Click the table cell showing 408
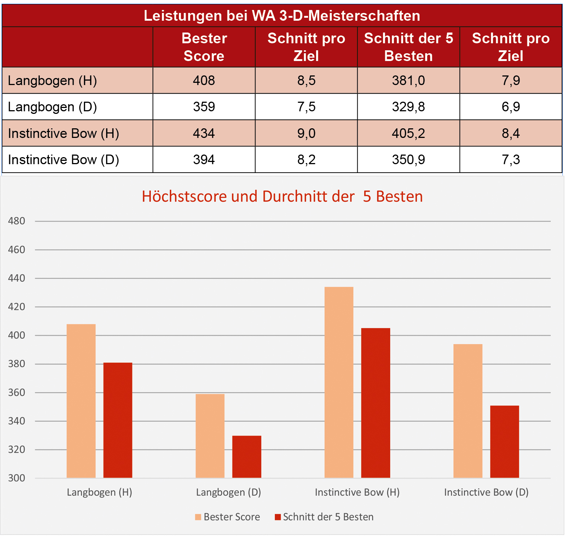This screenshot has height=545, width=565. coord(204,81)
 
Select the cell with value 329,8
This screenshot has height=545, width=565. coord(408,107)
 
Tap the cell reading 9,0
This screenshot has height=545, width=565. coord(306,133)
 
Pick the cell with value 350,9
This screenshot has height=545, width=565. coord(408,160)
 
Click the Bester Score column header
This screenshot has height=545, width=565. coord(204,47)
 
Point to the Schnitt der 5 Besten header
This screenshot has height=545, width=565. coord(408,47)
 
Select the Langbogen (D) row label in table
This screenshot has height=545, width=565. coord(53,107)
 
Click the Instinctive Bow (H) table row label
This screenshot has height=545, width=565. coord(64,133)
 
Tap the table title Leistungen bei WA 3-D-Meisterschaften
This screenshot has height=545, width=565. coord(282,16)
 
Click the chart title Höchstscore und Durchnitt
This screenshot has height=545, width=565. coord(282,196)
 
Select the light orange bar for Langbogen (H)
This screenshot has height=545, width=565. coord(81,401)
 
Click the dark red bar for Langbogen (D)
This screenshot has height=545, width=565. coord(247,457)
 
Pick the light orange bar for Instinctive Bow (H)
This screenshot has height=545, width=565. coord(339,382)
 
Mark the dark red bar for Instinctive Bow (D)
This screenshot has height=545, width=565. coord(504,441)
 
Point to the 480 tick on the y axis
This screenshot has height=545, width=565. coord(17,221)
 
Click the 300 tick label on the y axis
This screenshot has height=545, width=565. coord(17,478)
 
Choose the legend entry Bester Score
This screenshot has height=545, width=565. coord(228,517)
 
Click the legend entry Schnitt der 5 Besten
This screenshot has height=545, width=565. coord(324,517)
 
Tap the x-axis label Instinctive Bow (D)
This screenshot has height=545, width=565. coord(486,492)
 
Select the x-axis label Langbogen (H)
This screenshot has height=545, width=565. coord(99,492)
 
